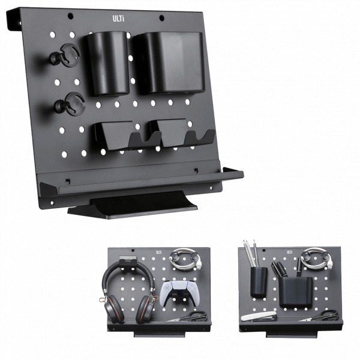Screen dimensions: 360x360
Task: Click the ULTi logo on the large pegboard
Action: tap(118, 19)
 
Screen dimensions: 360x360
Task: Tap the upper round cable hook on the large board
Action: tap(65, 54)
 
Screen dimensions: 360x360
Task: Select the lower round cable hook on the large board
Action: tap(70, 103)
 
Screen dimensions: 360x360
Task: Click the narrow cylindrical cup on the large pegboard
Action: tap(107, 64)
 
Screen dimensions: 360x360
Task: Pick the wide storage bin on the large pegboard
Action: tap(169, 62)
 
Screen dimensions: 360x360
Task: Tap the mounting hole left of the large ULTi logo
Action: tap(70, 16)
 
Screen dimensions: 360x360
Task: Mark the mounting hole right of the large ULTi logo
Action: tap(161, 17)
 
